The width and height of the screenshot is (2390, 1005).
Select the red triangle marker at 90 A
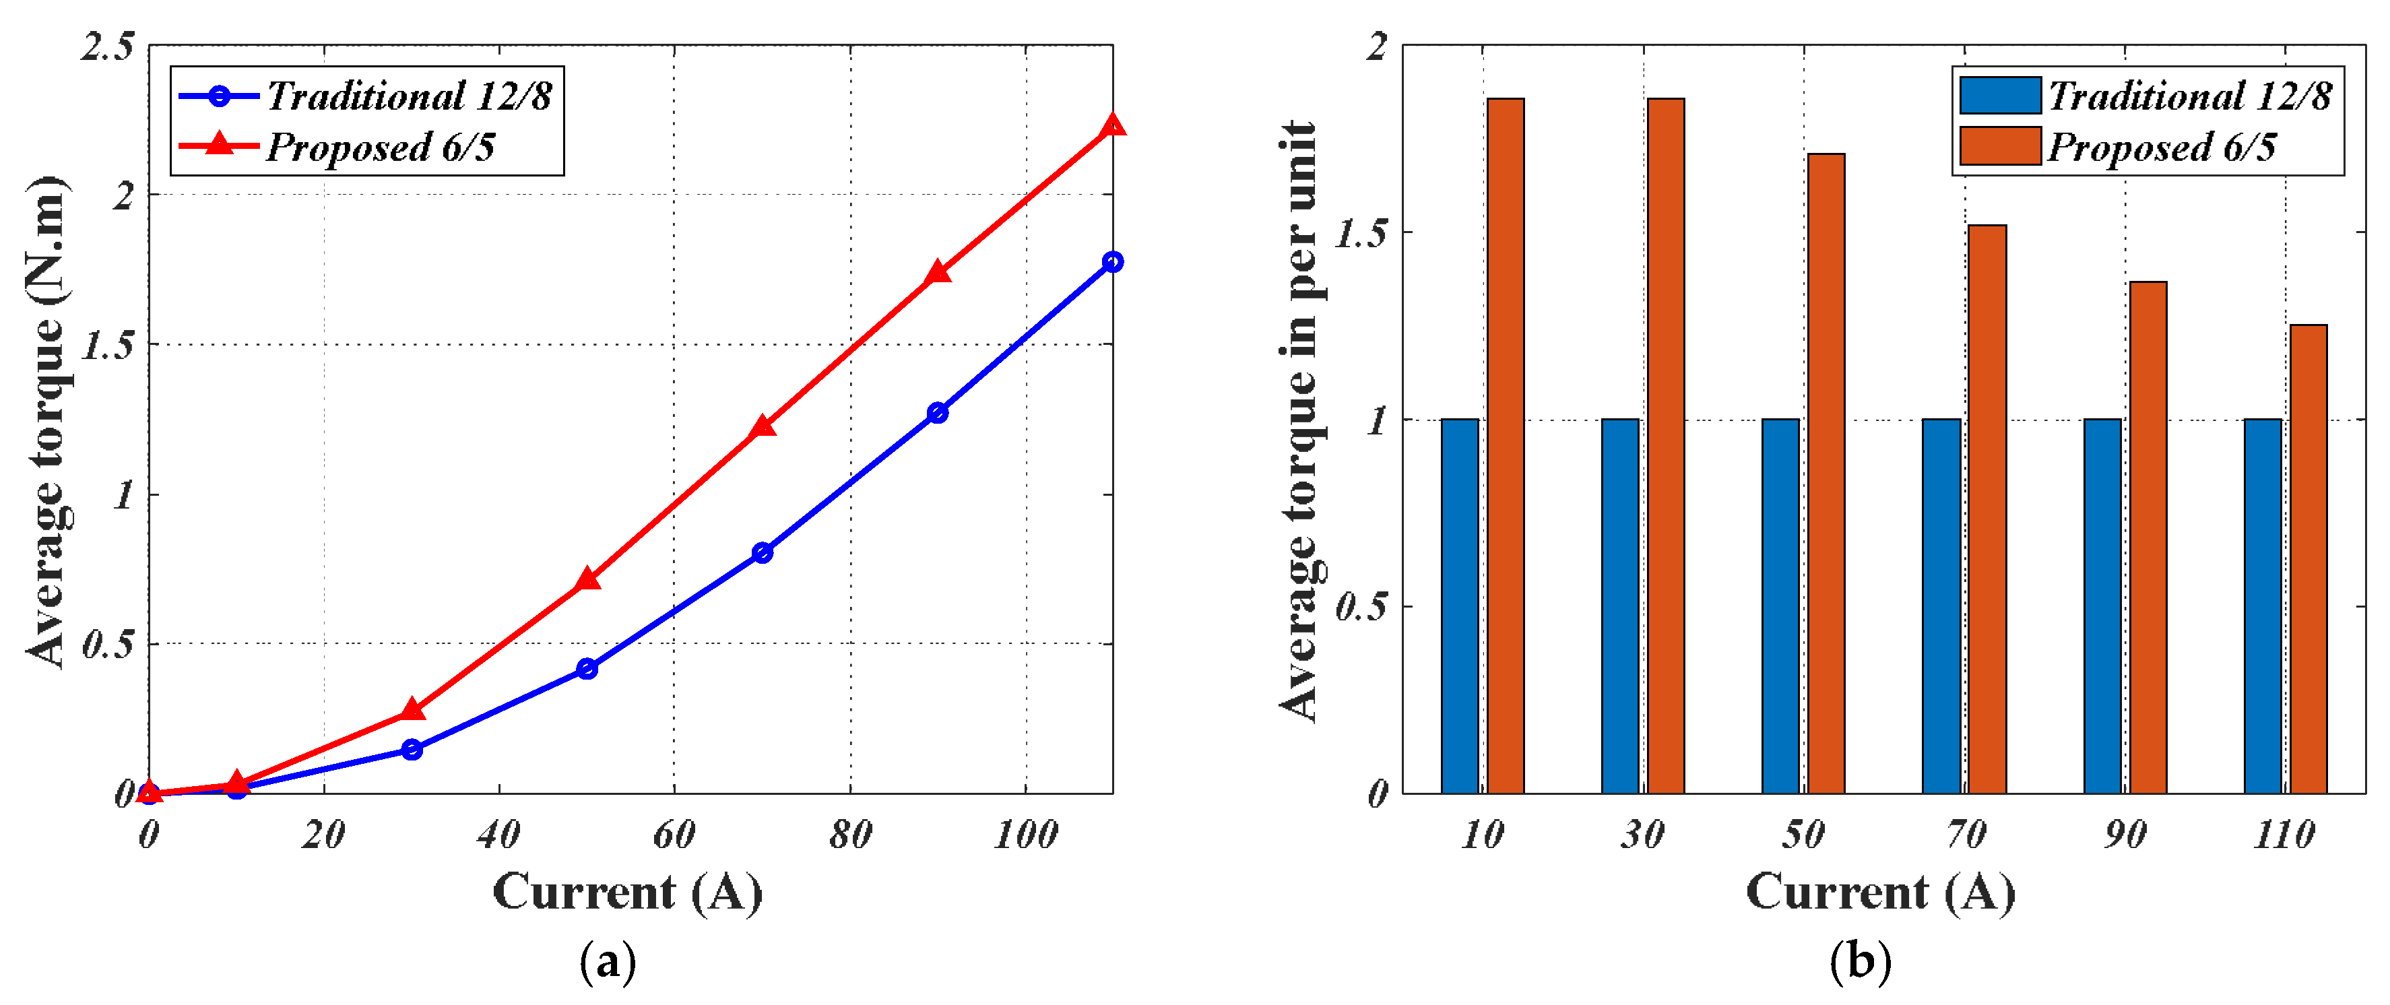click(937, 273)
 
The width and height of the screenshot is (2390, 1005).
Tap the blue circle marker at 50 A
click(586, 668)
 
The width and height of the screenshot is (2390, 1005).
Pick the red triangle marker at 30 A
click(412, 711)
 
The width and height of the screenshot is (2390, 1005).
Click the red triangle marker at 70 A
click(762, 427)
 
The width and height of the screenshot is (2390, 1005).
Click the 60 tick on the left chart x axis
click(674, 835)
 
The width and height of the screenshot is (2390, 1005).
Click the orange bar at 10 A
click(1505, 445)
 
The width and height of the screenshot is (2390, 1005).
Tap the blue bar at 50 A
click(1780, 606)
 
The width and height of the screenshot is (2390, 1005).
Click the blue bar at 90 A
click(2102, 606)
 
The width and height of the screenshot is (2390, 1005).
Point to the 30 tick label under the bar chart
click(1642, 835)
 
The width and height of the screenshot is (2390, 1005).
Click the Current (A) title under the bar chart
click(1881, 893)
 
